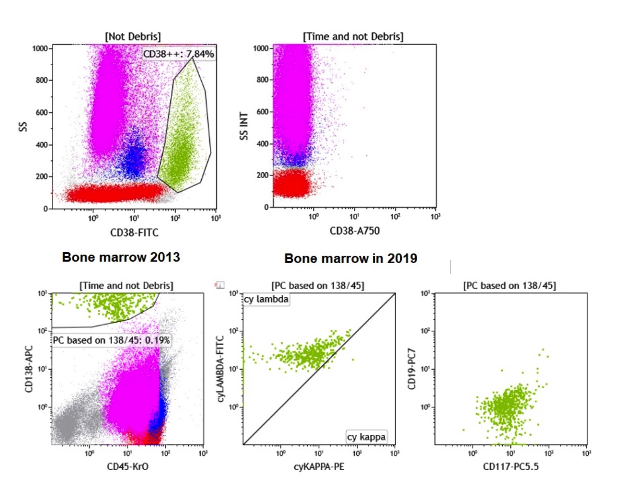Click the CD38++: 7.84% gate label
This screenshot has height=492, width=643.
point(179,54)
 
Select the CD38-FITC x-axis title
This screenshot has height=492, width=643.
point(134,233)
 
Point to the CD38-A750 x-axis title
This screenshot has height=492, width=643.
point(355,231)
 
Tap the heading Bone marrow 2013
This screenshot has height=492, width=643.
point(121,257)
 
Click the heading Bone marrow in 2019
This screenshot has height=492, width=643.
point(351,258)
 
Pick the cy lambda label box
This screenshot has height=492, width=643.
point(266,299)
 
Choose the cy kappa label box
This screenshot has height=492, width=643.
point(366,437)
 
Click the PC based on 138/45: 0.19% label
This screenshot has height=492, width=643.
point(111,340)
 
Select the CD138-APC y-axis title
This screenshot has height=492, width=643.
point(29,369)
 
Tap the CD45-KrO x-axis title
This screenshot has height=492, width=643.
point(127,467)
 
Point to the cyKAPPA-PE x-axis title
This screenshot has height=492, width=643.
point(319,467)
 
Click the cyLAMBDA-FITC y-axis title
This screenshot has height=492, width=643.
point(220,369)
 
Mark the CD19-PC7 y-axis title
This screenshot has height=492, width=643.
point(412,369)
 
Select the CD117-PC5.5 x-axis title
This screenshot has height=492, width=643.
point(511,467)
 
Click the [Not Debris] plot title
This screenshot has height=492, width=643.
point(133,37)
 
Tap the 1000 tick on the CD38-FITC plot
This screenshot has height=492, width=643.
point(40,49)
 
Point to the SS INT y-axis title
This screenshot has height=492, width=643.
point(244,126)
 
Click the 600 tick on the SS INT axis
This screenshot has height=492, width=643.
point(263,112)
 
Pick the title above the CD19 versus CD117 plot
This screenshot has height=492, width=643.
point(509,285)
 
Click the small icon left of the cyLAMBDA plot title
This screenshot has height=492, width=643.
point(220,285)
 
